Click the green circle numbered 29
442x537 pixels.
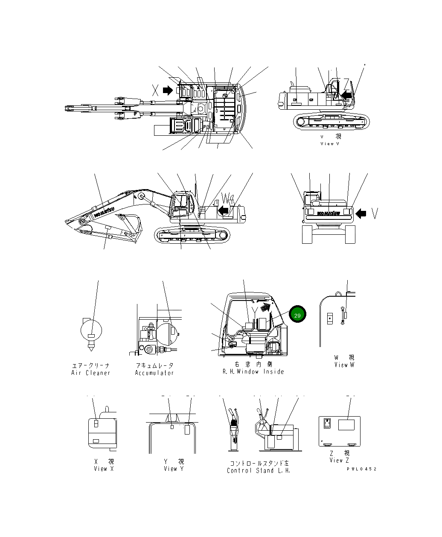click(297, 315)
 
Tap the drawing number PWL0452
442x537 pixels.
click(361, 469)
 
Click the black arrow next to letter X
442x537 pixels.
click(168, 90)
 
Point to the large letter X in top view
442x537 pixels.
click(155, 90)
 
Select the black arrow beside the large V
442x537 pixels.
click(361, 213)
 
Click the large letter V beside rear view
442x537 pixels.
click(374, 213)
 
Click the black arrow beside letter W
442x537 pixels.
click(223, 210)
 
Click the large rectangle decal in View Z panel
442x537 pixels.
click(346, 425)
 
